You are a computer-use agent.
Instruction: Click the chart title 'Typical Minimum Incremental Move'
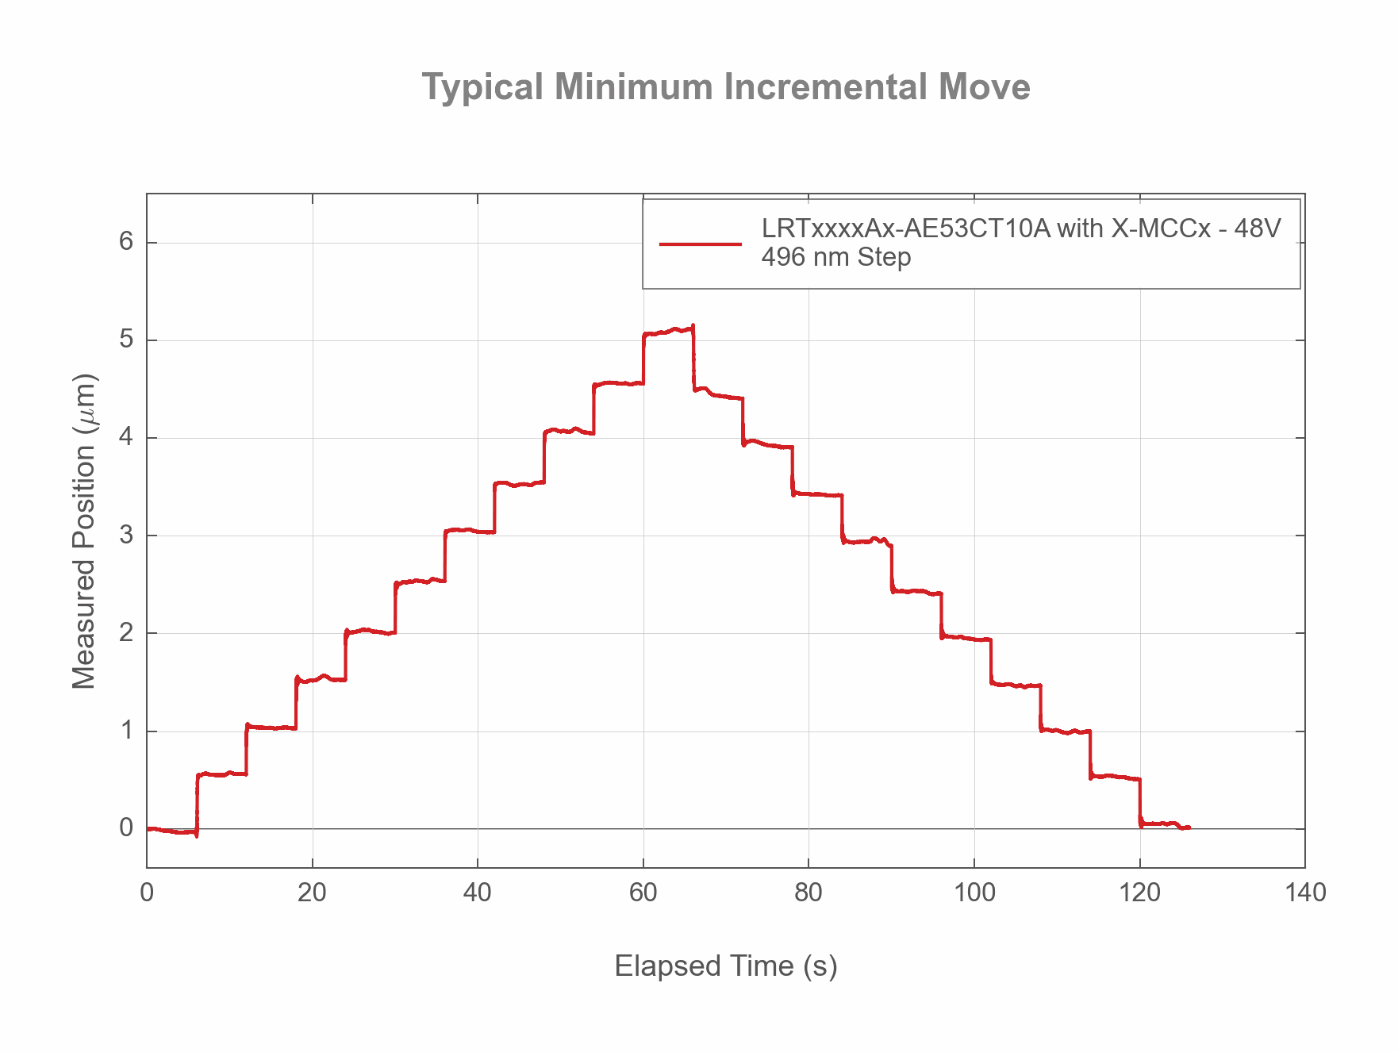[x=725, y=87]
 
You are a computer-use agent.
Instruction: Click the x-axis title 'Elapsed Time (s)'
[x=725, y=966]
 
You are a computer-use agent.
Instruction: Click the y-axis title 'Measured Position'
[x=84, y=531]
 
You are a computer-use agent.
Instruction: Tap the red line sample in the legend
[x=700, y=244]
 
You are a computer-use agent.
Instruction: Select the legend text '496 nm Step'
[x=835, y=258]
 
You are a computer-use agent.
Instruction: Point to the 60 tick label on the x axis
[x=643, y=893]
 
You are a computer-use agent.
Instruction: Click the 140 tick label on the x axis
[x=1304, y=893]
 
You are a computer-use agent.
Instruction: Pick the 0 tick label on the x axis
[x=147, y=893]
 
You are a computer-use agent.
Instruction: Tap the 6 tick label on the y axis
[x=126, y=242]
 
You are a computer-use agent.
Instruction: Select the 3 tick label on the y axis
[x=126, y=536]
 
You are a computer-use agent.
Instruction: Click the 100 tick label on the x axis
[x=974, y=893]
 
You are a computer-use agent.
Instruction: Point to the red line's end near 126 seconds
[x=1189, y=827]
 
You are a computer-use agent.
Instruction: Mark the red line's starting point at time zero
[x=148, y=828]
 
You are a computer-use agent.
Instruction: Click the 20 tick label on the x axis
[x=312, y=893]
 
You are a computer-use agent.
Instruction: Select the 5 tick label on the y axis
[x=126, y=340]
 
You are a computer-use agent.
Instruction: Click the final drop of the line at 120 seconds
[x=1140, y=803]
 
